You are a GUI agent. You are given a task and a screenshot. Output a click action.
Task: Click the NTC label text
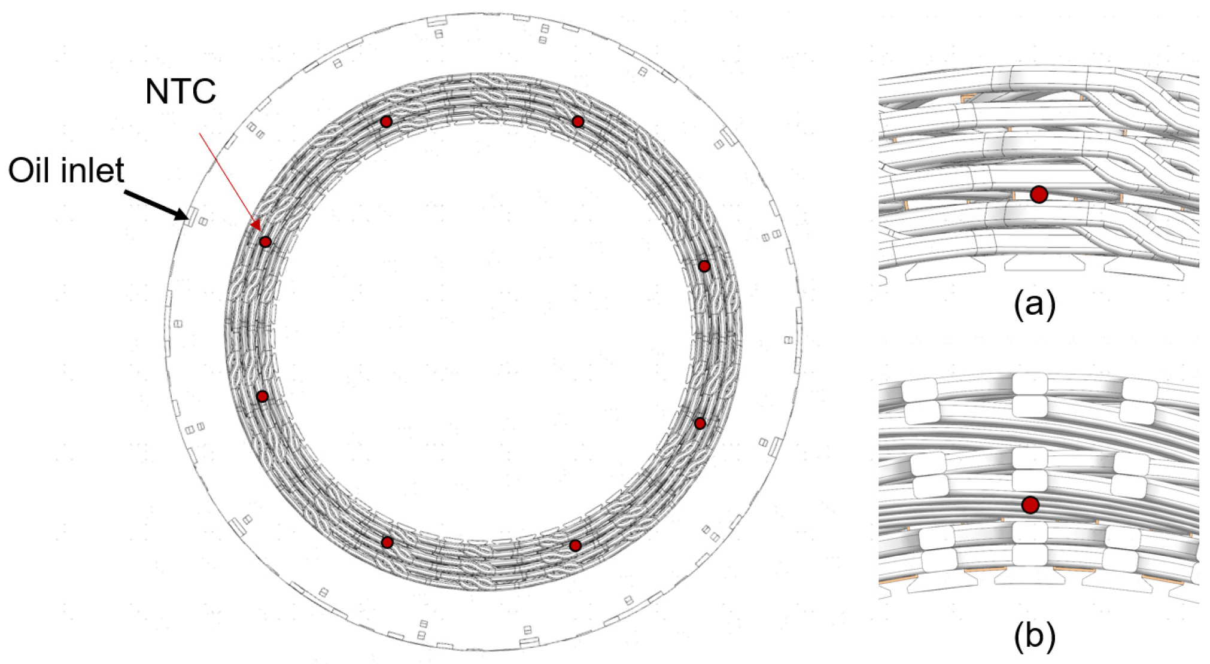tap(180, 92)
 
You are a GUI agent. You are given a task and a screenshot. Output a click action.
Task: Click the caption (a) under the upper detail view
tap(1035, 304)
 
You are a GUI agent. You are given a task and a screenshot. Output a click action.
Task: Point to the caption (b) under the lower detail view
tap(1035, 637)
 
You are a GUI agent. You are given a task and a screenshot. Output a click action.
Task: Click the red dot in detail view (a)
tap(1039, 194)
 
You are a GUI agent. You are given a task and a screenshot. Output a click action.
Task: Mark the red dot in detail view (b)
tap(1030, 505)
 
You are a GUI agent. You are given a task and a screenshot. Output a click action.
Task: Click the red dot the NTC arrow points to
tap(265, 242)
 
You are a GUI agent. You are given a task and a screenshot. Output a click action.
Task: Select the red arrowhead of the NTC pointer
tap(256, 226)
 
